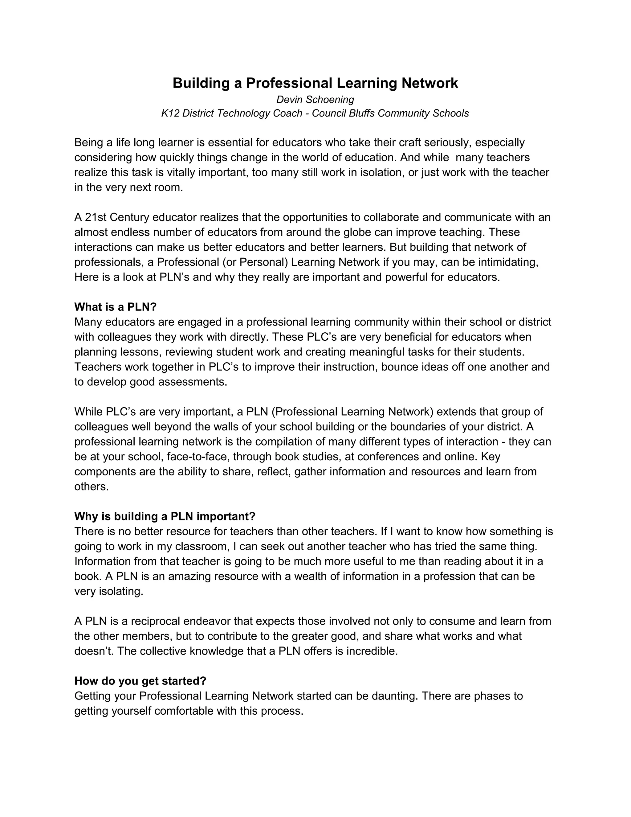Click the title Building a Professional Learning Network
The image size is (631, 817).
(315, 83)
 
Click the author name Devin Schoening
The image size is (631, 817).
(315, 100)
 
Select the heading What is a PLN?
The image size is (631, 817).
(115, 307)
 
